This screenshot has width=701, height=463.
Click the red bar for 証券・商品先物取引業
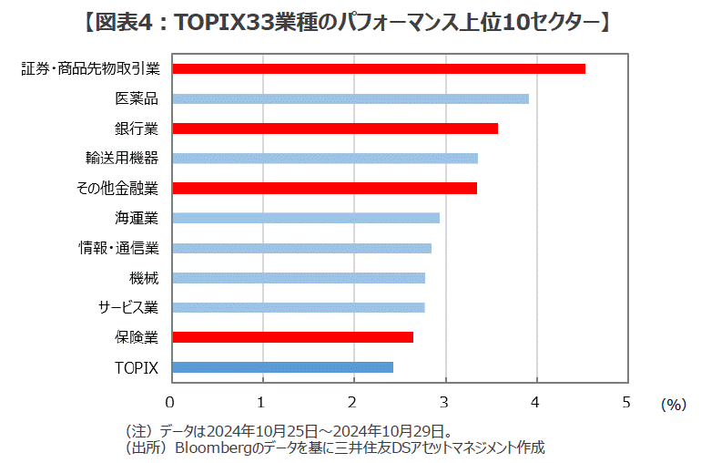click(x=378, y=68)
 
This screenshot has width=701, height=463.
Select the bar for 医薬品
click(x=350, y=98)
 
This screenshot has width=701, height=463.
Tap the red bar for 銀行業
click(x=334, y=129)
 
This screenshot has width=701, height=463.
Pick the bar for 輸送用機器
click(x=324, y=159)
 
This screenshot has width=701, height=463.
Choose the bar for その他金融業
click(x=323, y=189)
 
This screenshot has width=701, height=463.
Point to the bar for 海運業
click(x=305, y=218)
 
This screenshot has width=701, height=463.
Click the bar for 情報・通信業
click(x=300, y=248)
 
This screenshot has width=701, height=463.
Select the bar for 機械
click(x=298, y=278)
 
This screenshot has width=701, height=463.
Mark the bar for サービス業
click(x=298, y=307)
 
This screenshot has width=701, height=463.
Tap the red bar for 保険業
click(x=292, y=337)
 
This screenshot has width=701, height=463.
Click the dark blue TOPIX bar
click(x=282, y=367)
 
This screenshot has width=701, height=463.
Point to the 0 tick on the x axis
click(x=170, y=401)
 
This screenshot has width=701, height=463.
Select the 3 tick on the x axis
click(x=445, y=401)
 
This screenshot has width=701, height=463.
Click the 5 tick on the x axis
click(x=627, y=401)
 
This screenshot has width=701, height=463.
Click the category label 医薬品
click(x=137, y=98)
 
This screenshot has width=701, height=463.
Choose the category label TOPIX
click(x=137, y=367)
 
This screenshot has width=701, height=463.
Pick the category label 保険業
click(x=137, y=337)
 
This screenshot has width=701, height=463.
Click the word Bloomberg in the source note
click(x=212, y=448)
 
